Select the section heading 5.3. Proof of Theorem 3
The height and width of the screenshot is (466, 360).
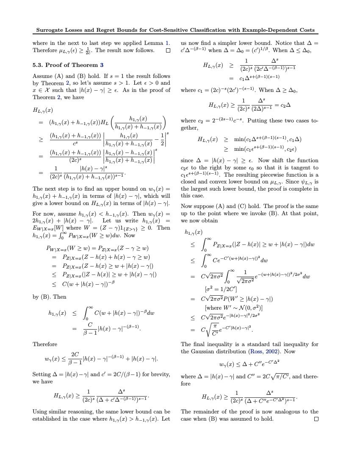tap(68, 65)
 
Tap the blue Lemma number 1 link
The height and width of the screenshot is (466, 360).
tap(167, 43)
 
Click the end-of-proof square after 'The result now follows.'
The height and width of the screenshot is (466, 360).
tap(168, 50)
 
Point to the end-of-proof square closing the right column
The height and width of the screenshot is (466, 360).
tap(316, 419)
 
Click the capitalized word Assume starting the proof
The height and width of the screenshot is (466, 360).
tap(42, 76)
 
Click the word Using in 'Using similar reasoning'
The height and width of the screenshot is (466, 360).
tap(41, 411)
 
